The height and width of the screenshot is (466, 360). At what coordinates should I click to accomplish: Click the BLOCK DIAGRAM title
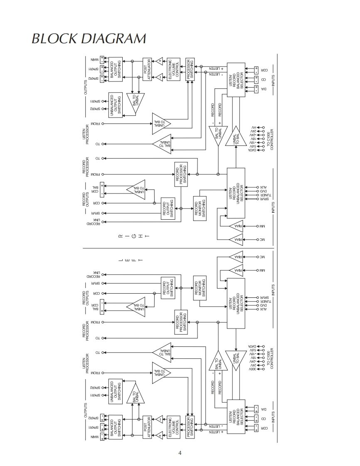coord(89,39)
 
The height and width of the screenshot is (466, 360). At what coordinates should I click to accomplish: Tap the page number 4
coord(180,453)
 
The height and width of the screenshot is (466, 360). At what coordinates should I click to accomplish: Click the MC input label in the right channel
coord(262,240)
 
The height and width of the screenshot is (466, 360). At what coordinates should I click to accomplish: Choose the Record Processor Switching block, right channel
coord(181,174)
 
